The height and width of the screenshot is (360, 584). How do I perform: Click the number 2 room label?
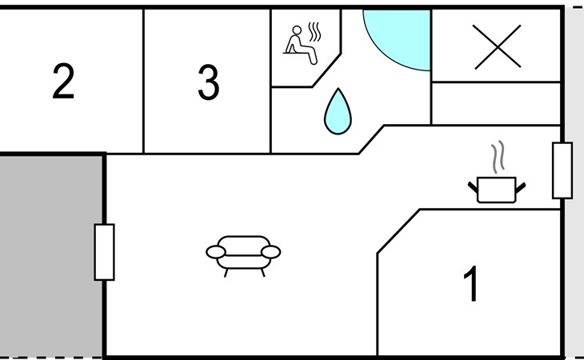(63, 81)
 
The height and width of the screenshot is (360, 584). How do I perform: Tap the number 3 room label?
(209, 82)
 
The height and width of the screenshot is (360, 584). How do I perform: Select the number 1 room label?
(471, 283)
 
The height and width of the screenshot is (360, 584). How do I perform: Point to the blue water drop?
(338, 111)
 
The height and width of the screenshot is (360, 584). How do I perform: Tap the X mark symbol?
(498, 46)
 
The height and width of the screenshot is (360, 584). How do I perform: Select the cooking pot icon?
(497, 190)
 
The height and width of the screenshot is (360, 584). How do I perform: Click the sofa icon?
(243, 256)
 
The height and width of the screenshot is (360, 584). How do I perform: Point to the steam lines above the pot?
(498, 157)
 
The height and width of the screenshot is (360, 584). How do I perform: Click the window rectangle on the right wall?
(562, 170)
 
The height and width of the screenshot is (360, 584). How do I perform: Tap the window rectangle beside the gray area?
(104, 252)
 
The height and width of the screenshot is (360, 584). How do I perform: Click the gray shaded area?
(51, 256)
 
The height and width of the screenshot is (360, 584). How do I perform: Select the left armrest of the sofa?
(216, 252)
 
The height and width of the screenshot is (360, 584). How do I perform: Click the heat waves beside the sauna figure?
(315, 32)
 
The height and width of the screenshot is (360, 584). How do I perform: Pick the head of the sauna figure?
(297, 30)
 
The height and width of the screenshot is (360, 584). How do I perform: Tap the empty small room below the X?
(496, 103)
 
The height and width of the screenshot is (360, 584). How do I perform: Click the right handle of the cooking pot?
(520, 188)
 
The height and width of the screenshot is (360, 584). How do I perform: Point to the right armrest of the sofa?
(270, 252)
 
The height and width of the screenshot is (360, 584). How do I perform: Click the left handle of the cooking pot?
(473, 187)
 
